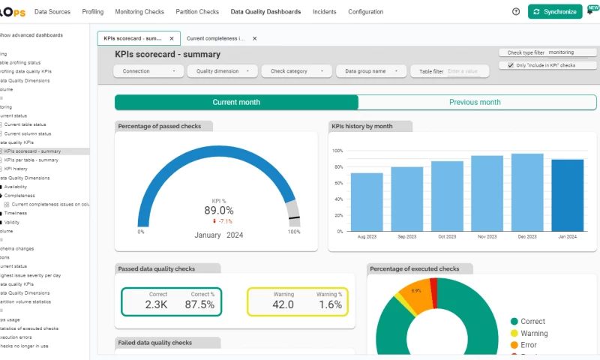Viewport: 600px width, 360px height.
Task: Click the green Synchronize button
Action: pos(555,12)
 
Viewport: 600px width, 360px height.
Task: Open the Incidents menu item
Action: pos(325,12)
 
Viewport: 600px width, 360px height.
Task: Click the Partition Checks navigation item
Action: pos(197,12)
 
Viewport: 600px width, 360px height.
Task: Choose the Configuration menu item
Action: pos(366,12)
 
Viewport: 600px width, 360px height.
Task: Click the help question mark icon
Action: pos(516,12)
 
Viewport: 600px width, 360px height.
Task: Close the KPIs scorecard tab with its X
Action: pos(172,38)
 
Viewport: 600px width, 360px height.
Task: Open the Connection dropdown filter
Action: pos(148,71)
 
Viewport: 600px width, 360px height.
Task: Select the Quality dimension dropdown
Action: pos(223,71)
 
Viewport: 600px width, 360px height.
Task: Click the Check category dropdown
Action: pos(296,71)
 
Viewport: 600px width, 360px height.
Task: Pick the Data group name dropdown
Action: pos(370,71)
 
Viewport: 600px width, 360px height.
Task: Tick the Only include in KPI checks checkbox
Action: pos(511,66)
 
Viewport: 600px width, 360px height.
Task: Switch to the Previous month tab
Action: pos(475,103)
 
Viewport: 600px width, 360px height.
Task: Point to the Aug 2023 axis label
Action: pos(367,236)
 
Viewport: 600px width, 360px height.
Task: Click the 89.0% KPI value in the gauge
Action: pos(219,211)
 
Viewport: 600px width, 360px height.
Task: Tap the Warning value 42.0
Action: pos(283,305)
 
